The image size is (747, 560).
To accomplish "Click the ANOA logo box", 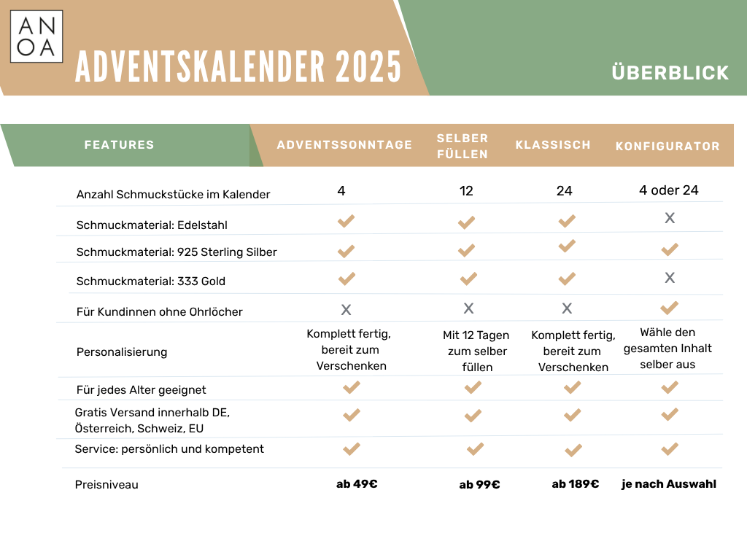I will (36, 36).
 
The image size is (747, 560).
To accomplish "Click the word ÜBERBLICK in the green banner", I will (670, 73).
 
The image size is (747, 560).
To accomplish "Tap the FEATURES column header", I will (120, 144).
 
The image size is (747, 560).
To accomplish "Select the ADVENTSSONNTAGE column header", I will (344, 144).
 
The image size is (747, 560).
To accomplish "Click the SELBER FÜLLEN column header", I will (462, 146).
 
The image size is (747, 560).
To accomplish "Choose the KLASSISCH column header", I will (553, 144).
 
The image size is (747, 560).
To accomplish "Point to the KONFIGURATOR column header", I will (667, 146).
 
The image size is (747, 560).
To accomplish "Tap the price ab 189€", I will (575, 483).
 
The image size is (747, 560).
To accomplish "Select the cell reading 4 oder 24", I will (668, 190).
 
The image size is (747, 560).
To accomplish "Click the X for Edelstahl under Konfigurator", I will (670, 218).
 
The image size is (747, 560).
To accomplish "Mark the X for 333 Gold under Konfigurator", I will (670, 278).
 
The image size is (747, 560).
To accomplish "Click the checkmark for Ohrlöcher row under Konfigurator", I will (670, 308).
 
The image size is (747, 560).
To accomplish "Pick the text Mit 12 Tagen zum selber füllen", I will (476, 351).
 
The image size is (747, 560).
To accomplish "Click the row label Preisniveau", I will (107, 484).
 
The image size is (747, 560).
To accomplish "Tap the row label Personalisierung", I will (122, 352).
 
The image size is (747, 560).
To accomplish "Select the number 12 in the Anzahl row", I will (466, 191).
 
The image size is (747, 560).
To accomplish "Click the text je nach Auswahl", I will (668, 483).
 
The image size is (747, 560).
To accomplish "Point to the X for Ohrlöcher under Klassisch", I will (567, 309).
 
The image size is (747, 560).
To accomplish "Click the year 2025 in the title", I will (368, 68).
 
